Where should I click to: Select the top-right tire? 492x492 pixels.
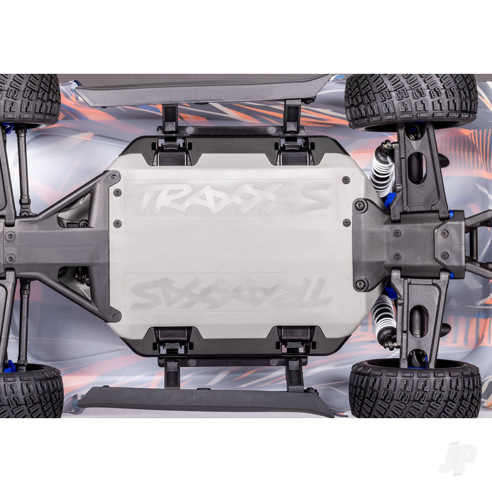[x=411, y=100]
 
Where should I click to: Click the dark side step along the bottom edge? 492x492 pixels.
[x=202, y=399]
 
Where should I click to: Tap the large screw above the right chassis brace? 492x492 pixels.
[x=361, y=205]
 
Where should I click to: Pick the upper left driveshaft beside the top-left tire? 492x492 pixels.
[x=23, y=167]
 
